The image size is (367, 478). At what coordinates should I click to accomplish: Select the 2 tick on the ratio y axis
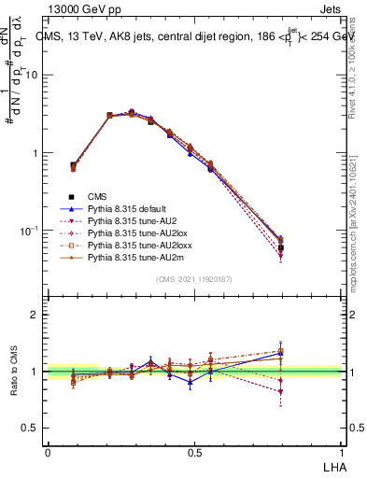point(35,315)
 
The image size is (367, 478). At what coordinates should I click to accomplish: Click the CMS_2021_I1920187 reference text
point(194,279)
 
